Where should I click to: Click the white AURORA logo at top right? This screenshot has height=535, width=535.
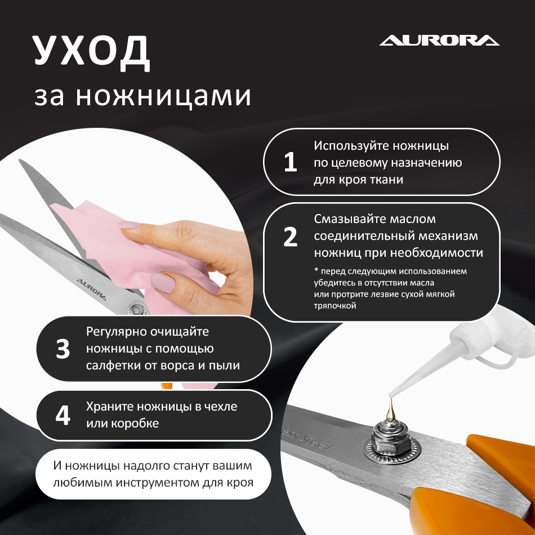click(439, 40)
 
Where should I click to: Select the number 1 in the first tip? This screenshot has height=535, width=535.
click(291, 162)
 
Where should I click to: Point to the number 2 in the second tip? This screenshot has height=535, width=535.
click(291, 237)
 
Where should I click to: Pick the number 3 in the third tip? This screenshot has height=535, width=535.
click(63, 349)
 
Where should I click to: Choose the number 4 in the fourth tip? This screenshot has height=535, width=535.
click(63, 415)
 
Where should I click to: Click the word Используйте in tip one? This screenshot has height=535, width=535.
click(351, 146)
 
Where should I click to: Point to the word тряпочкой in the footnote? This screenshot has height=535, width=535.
click(335, 306)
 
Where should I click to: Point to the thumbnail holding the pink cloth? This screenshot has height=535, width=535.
click(163, 282)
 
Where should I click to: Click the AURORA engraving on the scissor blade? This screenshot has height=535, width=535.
click(91, 289)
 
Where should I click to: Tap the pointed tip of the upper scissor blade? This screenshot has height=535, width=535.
click(20, 160)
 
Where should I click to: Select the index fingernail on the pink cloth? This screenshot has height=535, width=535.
click(130, 225)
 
